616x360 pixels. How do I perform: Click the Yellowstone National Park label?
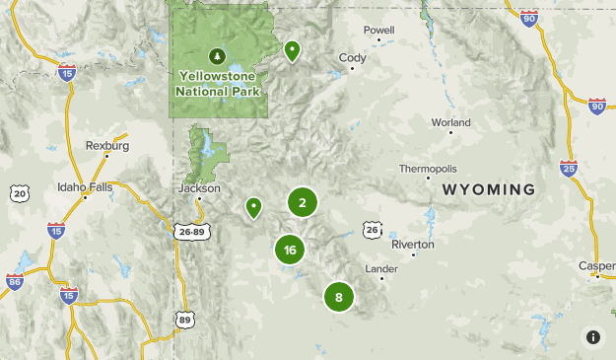[x=218, y=83]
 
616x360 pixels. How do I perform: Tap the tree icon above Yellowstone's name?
[x=218, y=54]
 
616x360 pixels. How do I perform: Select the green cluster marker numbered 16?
[x=290, y=251]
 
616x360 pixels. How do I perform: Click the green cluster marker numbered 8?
[x=338, y=296]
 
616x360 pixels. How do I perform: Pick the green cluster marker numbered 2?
[x=302, y=202]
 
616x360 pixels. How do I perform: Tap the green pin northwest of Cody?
[x=292, y=49]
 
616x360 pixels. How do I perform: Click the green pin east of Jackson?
[x=254, y=206]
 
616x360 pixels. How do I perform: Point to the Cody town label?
[x=352, y=58]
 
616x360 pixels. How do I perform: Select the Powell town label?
[x=378, y=31]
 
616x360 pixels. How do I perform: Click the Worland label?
[x=451, y=122]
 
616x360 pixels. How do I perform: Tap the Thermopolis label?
[x=428, y=169]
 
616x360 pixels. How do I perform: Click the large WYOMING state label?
[x=489, y=189]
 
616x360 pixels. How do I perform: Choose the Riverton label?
[x=412, y=244]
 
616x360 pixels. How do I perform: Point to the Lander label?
[x=381, y=268]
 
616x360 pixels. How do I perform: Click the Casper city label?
[x=597, y=266]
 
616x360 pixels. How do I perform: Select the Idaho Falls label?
[x=86, y=186]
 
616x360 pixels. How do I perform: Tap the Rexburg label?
[x=108, y=145]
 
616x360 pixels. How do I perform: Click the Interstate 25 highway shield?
[x=567, y=169]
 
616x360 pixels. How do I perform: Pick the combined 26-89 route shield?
[x=192, y=233]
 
